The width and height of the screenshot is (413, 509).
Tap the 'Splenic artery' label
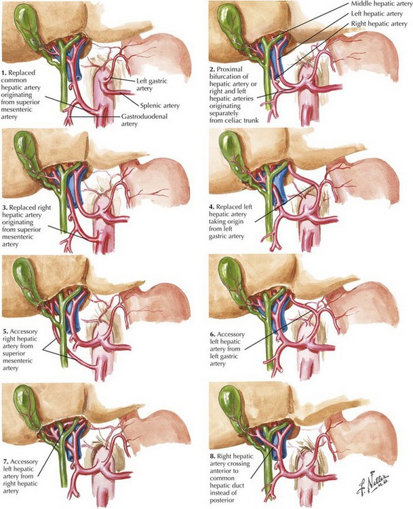click(159, 105)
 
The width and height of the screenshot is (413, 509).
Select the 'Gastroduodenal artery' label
click(144, 119)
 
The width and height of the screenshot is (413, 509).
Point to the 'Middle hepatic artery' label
click(382, 5)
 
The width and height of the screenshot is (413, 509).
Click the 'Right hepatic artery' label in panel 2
click(379, 24)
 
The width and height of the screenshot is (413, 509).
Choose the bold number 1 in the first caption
click(4, 73)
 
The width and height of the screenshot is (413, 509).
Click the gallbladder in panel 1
click(25, 25)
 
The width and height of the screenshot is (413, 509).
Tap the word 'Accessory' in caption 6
click(231, 335)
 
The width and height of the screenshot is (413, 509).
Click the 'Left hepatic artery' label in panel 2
click(376, 14)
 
